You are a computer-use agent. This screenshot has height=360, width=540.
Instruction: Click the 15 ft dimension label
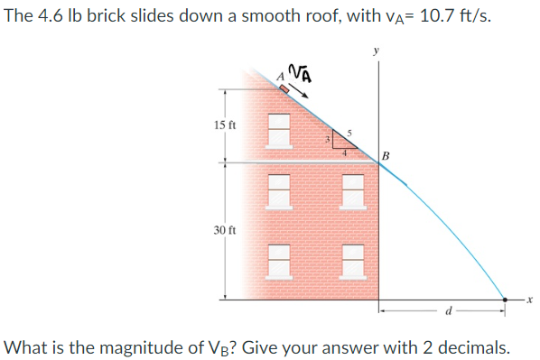pos(226,125)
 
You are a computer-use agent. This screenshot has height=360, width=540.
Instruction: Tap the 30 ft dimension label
pos(226,231)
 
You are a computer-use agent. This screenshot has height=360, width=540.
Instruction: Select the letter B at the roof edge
pos(386,155)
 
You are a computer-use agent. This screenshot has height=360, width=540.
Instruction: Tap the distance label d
pos(448,313)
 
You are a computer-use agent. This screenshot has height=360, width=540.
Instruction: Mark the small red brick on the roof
pos(284,89)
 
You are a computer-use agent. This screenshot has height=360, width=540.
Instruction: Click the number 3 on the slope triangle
pos(328,141)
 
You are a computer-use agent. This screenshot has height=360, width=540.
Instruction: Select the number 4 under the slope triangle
pos(343,153)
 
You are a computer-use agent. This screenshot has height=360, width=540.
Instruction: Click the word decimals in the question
pos(475,346)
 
